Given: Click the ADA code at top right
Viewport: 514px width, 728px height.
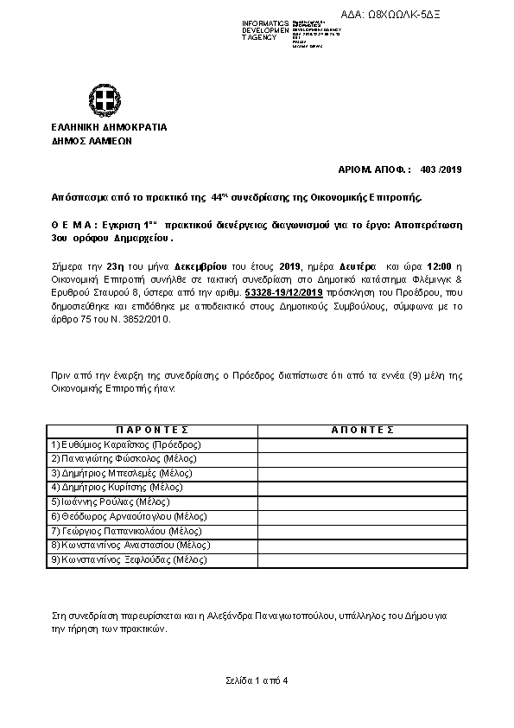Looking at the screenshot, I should [416, 14].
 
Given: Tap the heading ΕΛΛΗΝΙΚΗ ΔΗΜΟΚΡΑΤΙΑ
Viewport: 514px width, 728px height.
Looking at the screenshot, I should [109, 127].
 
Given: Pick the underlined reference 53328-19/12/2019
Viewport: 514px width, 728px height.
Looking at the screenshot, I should [284, 294].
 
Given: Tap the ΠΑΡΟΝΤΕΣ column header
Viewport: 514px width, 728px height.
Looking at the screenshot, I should [152, 430].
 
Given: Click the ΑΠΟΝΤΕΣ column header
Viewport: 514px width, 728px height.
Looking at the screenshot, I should [362, 430].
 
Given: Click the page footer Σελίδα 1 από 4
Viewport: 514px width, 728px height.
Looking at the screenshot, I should [256, 680].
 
